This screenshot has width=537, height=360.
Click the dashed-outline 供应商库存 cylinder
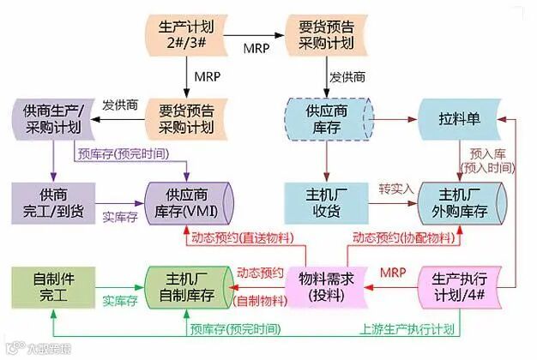pyautogui.click(x=326, y=118)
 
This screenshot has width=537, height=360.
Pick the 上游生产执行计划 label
pyautogui.click(x=407, y=327)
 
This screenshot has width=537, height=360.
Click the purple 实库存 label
pyautogui.click(x=120, y=218)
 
